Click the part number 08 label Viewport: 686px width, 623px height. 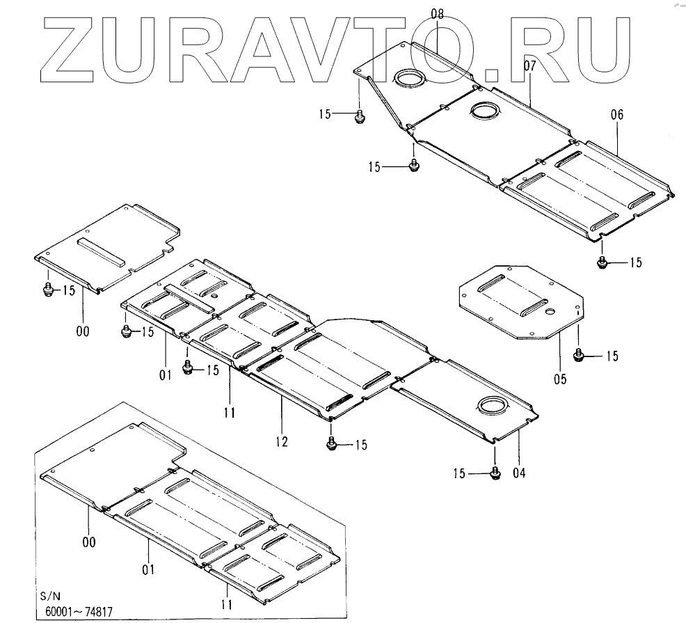coord(437,13)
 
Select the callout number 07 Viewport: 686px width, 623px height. coord(530,66)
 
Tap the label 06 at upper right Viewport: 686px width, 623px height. coord(617,115)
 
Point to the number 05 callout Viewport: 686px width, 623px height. coord(559,379)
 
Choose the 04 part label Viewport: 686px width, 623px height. coord(519,473)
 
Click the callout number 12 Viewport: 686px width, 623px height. coord(282,441)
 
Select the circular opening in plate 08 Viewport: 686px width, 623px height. coord(408,78)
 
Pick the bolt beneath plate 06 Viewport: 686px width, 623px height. coord(603,262)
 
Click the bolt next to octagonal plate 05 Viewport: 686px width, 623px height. coord(578,356)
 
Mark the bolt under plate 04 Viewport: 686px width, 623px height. coord(495,473)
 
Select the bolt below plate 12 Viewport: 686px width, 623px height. coord(332,443)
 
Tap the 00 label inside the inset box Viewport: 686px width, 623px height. coord(89,541)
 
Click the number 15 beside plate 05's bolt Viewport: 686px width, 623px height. coord(612,356)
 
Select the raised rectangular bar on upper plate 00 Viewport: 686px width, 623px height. coord(103,252)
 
